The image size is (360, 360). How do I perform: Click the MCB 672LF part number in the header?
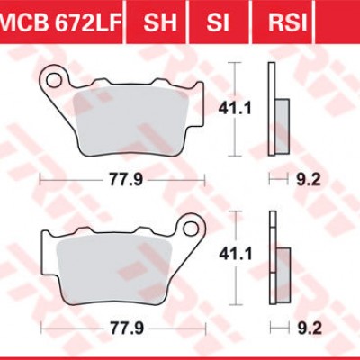pos(58,19)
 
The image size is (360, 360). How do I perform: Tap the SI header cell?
pos(216,19)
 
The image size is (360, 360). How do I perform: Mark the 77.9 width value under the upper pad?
pos(126,180)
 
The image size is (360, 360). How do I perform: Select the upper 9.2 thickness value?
pos(306,180)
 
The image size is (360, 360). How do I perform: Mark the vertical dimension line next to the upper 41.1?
pos(235,108)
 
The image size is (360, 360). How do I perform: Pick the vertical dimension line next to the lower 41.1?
pos(235,255)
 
